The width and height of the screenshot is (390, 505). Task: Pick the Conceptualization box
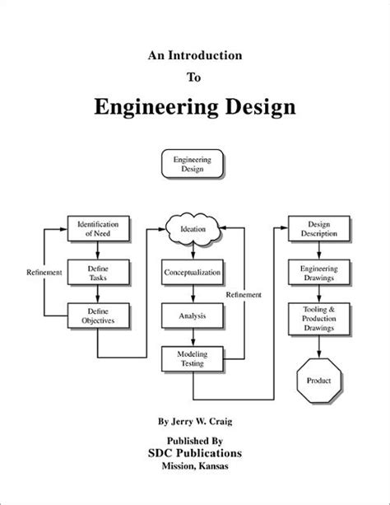tap(193, 272)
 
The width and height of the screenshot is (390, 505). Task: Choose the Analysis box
tap(193, 315)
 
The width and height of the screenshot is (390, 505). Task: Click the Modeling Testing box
tap(193, 358)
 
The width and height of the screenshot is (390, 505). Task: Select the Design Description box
tap(314, 228)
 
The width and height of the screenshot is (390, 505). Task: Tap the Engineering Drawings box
tap(314, 272)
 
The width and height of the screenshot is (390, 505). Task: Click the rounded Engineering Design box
tap(193, 161)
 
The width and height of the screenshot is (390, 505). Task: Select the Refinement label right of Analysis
tap(244, 294)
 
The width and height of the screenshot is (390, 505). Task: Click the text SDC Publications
tap(194, 454)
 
